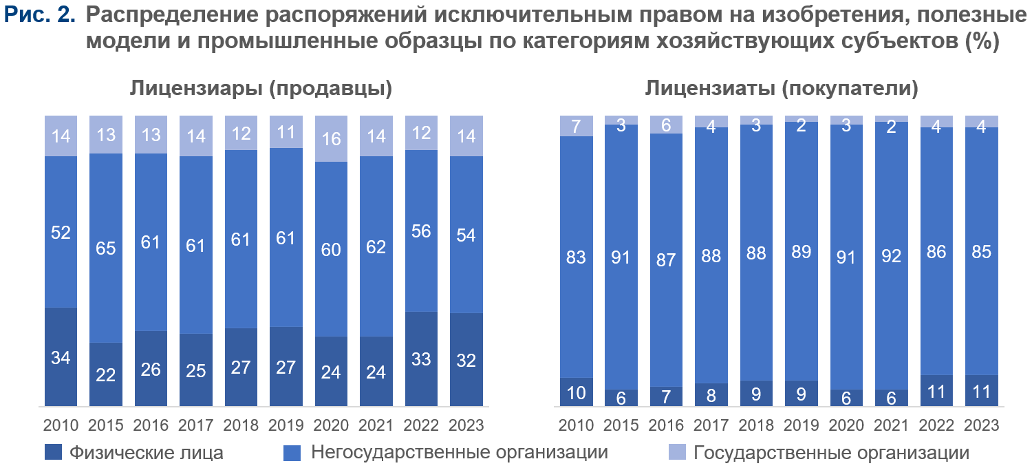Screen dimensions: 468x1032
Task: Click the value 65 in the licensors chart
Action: point(106,248)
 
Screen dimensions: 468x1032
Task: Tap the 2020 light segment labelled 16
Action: point(332,138)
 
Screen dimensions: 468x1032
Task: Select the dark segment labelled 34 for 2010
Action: point(61,358)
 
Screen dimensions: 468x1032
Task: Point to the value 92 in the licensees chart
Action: point(892,256)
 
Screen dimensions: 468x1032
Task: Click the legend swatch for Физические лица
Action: point(53,453)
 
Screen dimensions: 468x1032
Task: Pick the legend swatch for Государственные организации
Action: point(678,453)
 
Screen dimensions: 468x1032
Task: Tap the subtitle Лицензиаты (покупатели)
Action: point(782,89)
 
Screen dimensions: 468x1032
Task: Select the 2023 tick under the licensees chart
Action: point(981,425)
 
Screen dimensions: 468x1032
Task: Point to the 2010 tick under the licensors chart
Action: point(61,425)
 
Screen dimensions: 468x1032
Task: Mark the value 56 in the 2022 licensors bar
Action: point(421,231)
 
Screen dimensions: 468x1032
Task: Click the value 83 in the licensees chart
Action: point(576,258)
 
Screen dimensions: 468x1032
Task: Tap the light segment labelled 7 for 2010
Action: point(576,126)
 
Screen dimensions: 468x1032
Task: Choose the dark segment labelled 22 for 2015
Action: point(106,374)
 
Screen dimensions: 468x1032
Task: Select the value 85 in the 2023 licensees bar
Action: point(981,252)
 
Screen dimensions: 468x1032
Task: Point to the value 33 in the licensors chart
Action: point(421,359)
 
